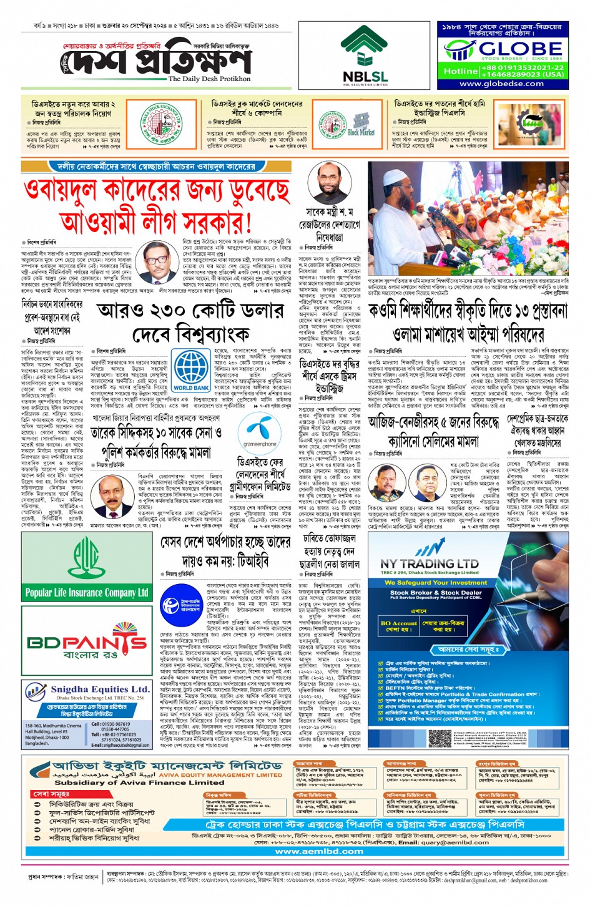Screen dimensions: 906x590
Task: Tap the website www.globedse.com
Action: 501,84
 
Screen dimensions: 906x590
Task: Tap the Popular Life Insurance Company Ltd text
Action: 87,592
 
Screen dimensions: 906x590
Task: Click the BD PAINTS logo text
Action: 87,643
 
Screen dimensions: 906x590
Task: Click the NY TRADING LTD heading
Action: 430,564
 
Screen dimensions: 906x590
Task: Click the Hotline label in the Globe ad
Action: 461,71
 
